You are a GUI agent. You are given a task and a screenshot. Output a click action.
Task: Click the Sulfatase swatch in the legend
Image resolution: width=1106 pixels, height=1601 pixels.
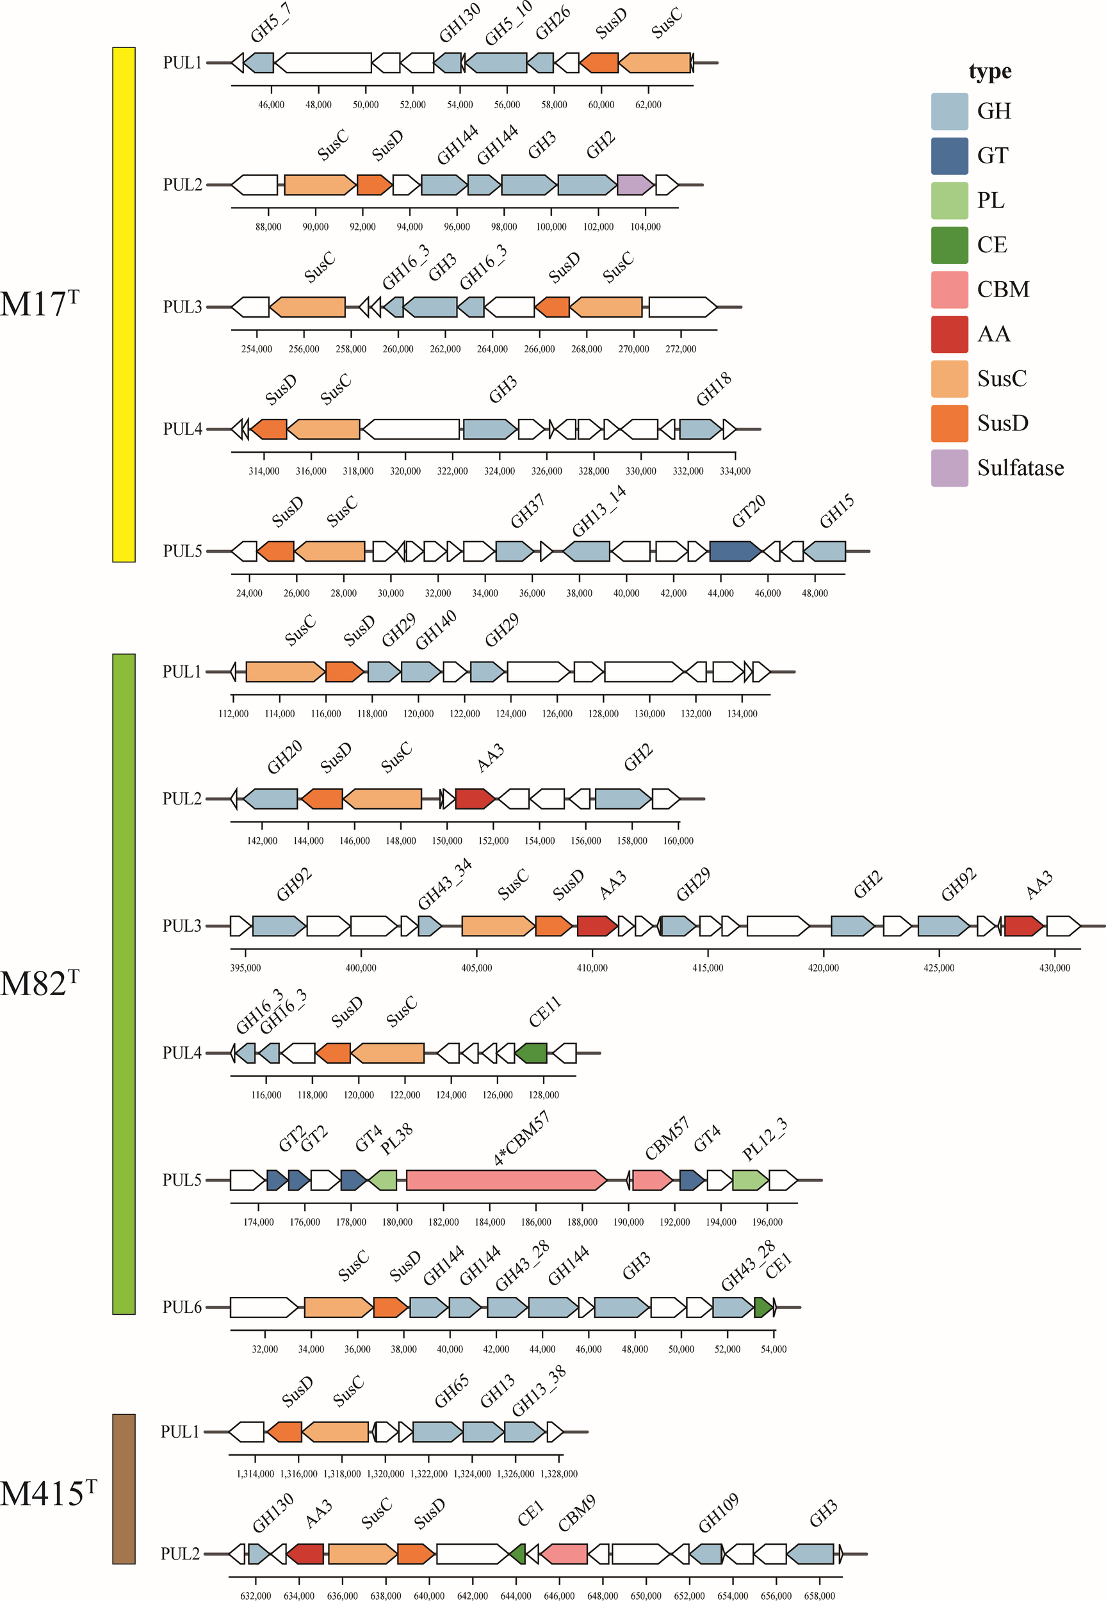tap(948, 467)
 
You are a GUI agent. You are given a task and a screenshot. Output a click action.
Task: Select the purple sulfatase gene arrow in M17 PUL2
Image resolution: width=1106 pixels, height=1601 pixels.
tap(634, 185)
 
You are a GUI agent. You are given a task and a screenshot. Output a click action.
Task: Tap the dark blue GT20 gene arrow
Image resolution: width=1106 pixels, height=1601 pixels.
tap(734, 551)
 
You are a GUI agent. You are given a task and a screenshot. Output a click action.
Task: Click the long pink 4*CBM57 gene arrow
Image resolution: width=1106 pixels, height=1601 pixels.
tap(505, 1180)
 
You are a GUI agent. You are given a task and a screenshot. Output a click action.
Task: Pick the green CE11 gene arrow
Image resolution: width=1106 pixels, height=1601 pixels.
tap(531, 1053)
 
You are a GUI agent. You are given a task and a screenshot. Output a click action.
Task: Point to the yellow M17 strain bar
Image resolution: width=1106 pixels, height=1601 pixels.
tap(124, 304)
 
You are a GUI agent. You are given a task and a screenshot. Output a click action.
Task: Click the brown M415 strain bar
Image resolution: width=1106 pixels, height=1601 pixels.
tap(124, 1488)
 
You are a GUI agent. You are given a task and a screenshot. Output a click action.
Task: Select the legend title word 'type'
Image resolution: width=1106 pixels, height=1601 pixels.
tap(989, 71)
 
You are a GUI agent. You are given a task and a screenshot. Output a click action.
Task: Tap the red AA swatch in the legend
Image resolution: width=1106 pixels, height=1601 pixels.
tap(948, 334)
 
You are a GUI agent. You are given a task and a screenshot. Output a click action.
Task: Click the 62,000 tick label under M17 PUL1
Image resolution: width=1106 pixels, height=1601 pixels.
tap(648, 104)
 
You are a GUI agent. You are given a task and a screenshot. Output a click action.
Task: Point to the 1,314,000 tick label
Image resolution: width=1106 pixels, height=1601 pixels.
tap(255, 1474)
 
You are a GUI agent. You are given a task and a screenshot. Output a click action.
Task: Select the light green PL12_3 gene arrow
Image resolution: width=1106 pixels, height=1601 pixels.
tap(750, 1180)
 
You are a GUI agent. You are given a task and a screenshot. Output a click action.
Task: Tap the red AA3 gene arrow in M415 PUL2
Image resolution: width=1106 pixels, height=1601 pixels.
tap(305, 1554)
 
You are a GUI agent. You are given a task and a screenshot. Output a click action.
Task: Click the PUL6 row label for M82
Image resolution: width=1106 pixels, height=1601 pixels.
tap(182, 1307)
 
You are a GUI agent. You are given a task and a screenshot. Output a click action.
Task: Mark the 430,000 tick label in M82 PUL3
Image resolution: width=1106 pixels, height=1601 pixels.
tap(1054, 968)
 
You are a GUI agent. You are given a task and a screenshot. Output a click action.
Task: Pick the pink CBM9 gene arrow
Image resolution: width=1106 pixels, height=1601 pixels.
tap(564, 1554)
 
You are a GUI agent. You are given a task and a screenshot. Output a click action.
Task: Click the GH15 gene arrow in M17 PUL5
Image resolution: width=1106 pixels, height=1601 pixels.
tap(824, 551)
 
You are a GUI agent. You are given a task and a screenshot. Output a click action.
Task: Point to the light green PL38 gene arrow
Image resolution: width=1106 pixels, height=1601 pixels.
tap(382, 1180)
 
